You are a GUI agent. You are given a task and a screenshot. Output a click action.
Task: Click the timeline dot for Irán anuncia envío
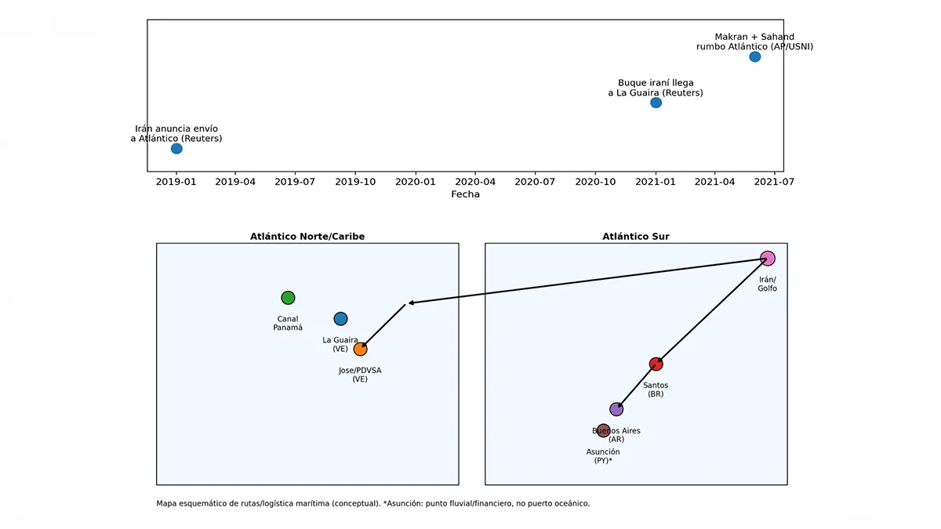(176, 149)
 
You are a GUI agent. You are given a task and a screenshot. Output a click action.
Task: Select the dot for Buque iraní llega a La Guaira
(656, 103)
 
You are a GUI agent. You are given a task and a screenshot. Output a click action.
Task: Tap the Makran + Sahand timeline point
(754, 57)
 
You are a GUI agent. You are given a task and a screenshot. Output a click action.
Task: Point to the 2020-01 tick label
(415, 182)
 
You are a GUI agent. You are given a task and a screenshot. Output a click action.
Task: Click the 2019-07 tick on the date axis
(295, 182)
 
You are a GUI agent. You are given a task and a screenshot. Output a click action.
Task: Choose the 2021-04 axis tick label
(714, 182)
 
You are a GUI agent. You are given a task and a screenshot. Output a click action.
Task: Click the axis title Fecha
(465, 194)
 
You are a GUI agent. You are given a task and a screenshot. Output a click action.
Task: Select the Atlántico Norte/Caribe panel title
(307, 237)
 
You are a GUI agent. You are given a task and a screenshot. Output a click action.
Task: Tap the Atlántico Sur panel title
(636, 237)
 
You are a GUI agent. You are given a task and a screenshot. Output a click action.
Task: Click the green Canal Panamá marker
(288, 298)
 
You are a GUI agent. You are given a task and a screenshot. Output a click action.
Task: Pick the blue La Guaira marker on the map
(340, 319)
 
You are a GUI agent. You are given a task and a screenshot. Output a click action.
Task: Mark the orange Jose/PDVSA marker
(360, 350)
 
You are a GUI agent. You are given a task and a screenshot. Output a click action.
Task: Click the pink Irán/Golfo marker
(767, 259)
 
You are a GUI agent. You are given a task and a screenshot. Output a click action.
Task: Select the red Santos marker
(656, 364)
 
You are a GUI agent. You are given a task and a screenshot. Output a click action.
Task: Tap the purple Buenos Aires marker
(616, 409)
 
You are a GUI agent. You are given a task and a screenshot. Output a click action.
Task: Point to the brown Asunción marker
(603, 430)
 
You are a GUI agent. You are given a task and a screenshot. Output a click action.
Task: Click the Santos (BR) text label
(656, 390)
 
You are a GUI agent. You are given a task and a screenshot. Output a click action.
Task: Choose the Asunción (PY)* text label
(603, 456)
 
